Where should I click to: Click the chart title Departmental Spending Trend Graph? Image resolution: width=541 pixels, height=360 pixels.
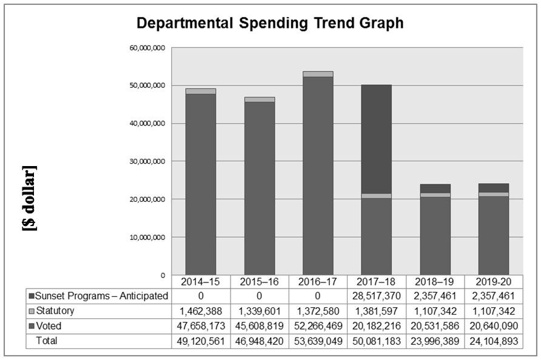pos(270,24)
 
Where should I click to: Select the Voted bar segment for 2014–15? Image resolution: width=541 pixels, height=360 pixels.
pos(200,182)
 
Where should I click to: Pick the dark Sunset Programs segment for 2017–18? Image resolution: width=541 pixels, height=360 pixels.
pos(376,139)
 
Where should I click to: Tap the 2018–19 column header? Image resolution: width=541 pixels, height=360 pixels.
pos(435,282)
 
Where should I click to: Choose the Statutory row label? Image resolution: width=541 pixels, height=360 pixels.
pos(55,312)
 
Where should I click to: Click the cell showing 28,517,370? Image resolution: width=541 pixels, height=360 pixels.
pos(376,296)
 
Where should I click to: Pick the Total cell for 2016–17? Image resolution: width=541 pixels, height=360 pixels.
pos(317,341)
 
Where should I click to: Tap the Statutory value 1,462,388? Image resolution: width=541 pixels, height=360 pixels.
pos(200,312)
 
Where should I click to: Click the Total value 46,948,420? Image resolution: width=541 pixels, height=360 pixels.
pos(259,341)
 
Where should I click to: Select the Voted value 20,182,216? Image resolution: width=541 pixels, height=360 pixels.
pos(376,326)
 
